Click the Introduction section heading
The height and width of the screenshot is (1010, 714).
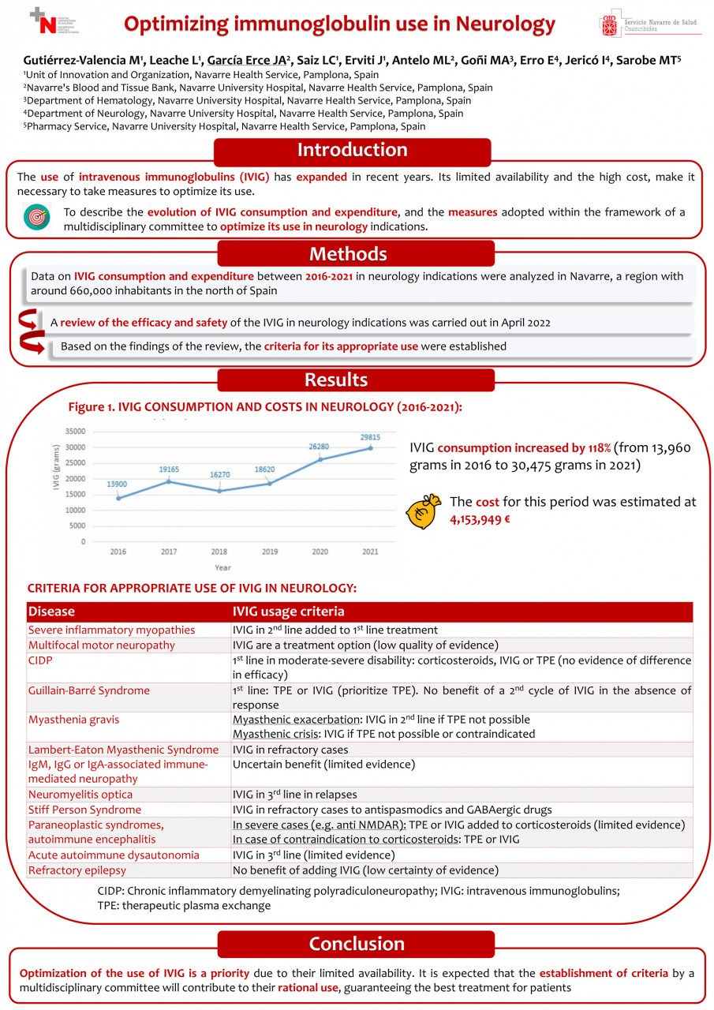coord(352,151)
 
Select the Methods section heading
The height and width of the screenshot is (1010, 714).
coord(348,254)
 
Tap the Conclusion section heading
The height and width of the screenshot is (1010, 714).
coord(356,944)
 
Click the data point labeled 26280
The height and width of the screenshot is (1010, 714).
coord(320,459)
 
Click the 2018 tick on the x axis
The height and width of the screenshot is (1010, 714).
coord(219,552)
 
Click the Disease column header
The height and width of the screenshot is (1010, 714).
coord(51,612)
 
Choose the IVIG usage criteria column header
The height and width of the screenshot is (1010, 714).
coord(287,612)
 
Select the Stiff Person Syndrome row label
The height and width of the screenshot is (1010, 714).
coord(85,810)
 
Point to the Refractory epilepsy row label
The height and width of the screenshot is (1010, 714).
coord(77,870)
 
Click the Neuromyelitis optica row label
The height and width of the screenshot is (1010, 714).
coord(80,795)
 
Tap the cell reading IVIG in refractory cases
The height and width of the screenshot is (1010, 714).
coord(290,750)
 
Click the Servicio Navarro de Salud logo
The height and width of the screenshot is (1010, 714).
coord(649,25)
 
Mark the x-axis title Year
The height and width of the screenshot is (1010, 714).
coord(222,567)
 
